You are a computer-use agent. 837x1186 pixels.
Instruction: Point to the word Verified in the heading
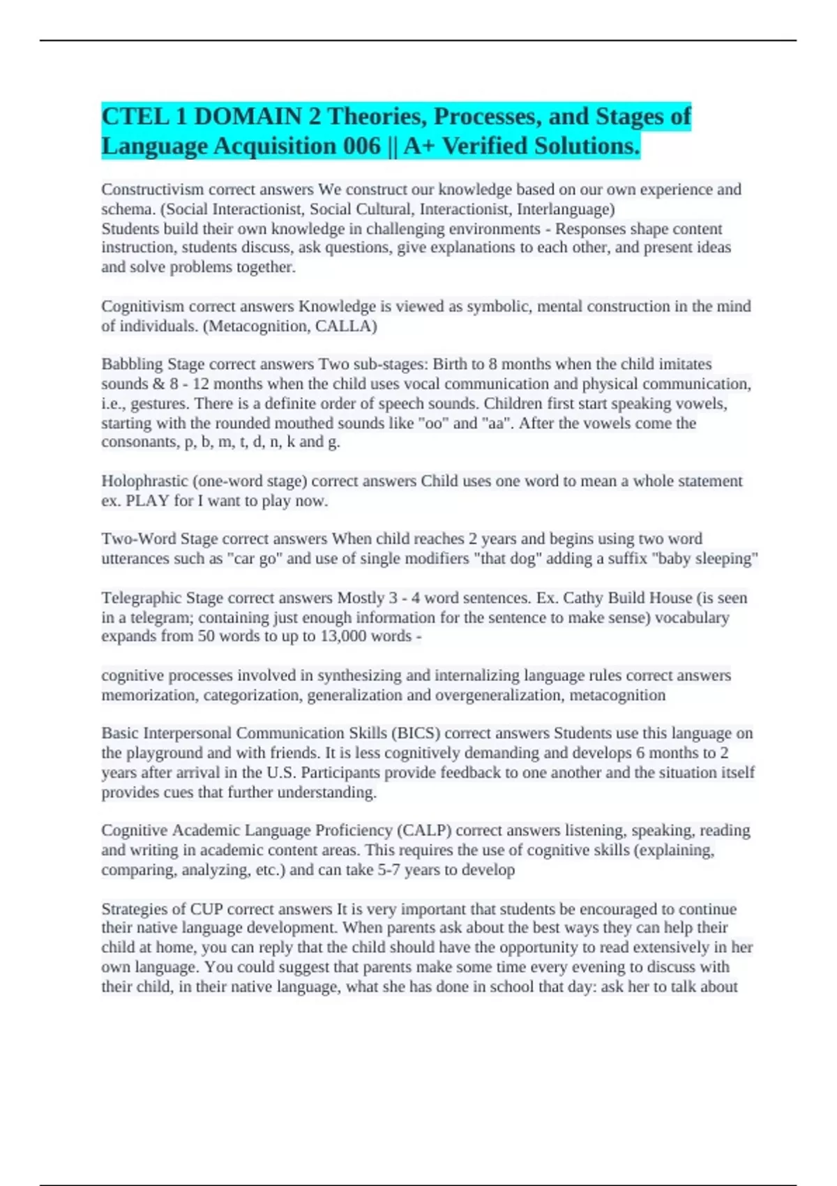484,147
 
